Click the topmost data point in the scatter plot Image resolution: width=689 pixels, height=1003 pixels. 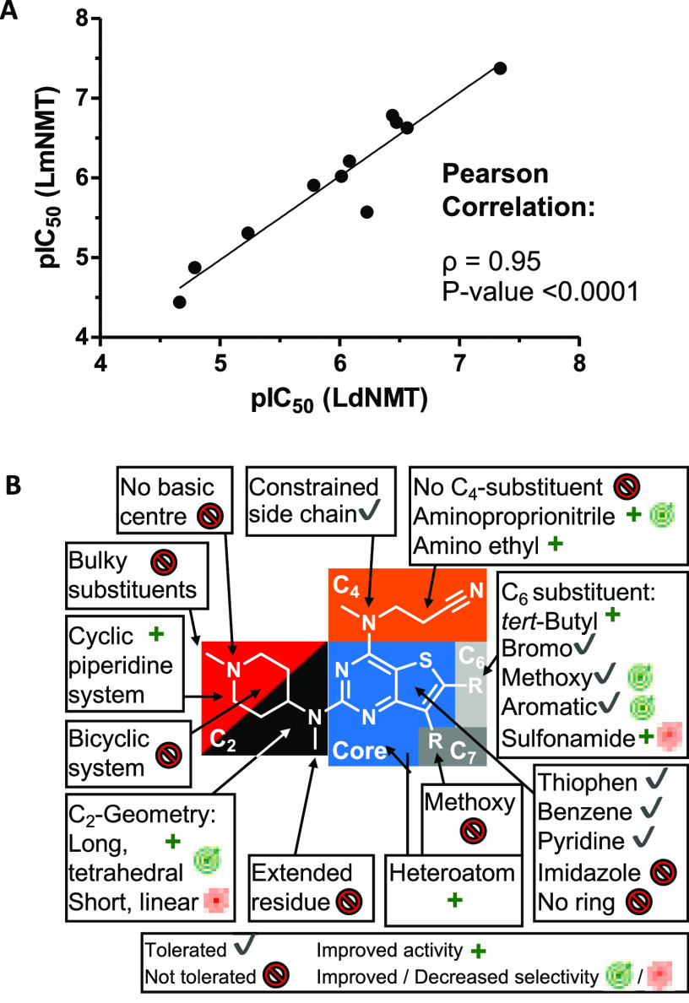coord(500,68)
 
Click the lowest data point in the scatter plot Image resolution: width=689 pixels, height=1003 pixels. coord(179,301)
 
